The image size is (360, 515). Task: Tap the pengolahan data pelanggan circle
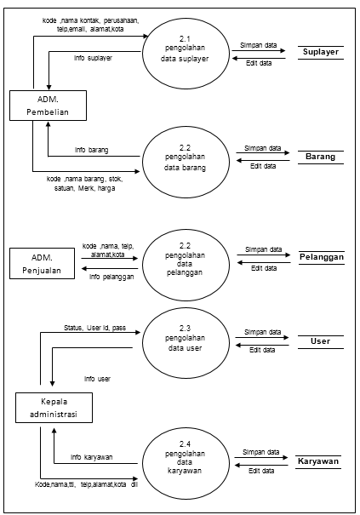click(x=186, y=257)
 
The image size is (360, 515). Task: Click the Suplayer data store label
click(x=320, y=53)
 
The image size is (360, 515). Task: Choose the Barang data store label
click(x=320, y=157)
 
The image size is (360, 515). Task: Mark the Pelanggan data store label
click(x=320, y=256)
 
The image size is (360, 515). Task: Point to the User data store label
click(x=320, y=341)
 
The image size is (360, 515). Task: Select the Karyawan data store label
click(x=318, y=461)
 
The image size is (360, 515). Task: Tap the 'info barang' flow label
click(x=91, y=149)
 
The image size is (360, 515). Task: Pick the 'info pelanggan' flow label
click(x=111, y=277)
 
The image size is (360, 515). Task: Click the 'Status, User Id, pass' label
click(x=95, y=326)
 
